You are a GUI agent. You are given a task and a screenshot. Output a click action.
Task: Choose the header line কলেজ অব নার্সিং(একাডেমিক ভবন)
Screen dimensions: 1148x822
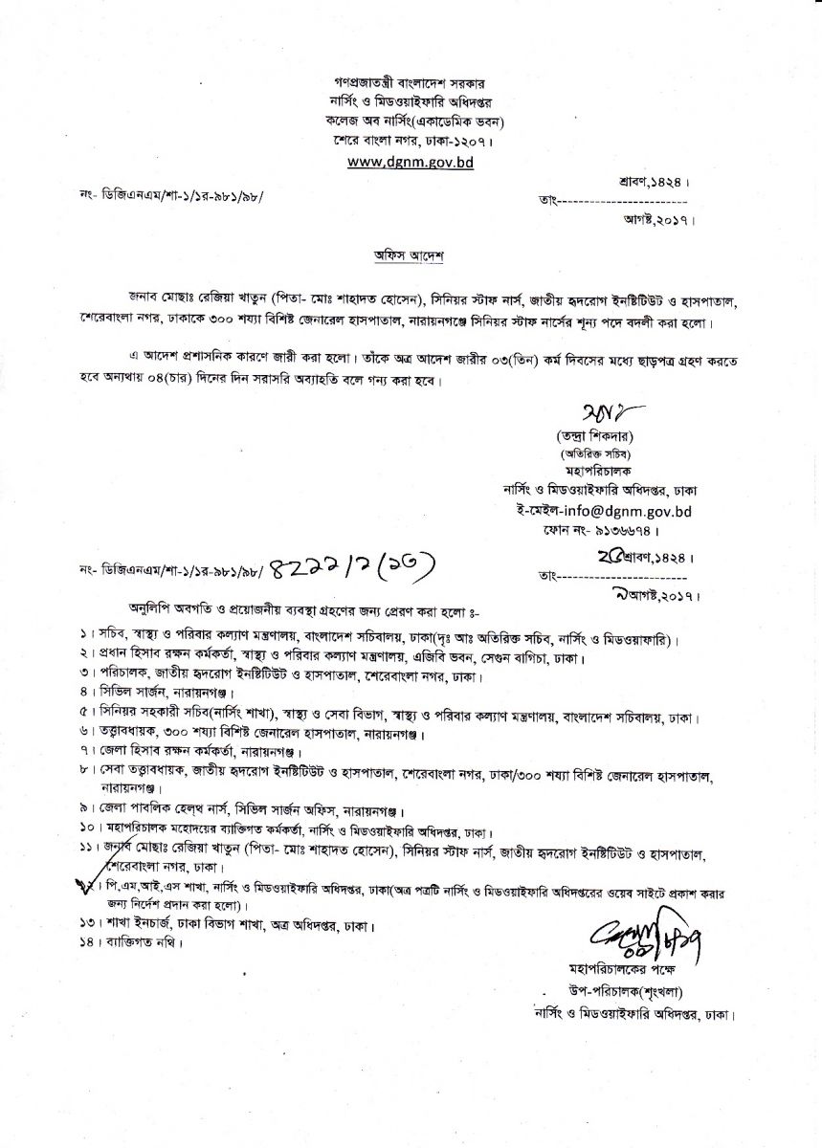411,121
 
